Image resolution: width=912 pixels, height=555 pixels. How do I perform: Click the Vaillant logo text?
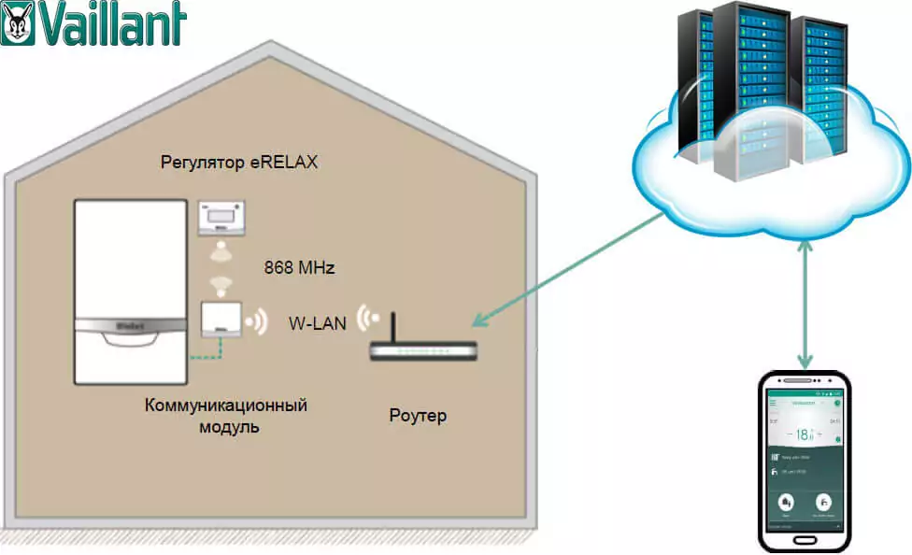(111, 25)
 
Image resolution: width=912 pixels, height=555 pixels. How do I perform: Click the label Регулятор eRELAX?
(239, 163)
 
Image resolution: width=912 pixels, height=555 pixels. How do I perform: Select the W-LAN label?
(317, 323)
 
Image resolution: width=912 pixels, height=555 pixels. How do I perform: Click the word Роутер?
(417, 416)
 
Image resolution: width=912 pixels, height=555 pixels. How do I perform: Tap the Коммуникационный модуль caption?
(226, 416)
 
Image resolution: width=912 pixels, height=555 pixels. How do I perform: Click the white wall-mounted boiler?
(130, 290)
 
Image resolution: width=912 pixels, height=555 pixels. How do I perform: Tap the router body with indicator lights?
(423, 351)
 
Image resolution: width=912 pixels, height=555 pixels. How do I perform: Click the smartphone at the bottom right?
(805, 461)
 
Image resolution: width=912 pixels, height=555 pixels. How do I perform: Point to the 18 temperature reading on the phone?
(803, 435)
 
